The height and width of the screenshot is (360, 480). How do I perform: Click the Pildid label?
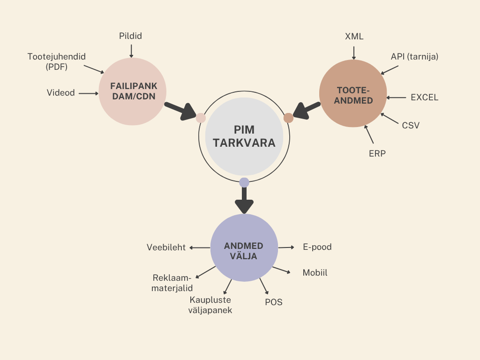(131, 36)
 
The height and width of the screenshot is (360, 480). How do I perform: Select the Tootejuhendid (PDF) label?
(57, 61)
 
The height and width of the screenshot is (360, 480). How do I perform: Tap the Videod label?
(60, 93)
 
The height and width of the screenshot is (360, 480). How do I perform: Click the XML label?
(354, 37)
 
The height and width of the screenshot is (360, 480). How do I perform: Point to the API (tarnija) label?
(414, 57)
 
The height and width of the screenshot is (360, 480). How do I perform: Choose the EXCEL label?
(424, 97)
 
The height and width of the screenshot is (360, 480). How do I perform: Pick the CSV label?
(411, 125)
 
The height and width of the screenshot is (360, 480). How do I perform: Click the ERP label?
(377, 153)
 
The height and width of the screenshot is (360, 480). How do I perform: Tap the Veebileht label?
(166, 247)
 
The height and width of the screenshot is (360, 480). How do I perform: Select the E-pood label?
(317, 247)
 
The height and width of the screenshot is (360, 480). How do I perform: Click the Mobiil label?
(315, 272)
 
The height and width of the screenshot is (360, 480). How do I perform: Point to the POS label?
(274, 302)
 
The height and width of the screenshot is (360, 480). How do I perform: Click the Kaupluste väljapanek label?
(211, 305)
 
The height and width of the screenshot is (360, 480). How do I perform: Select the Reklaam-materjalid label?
(172, 283)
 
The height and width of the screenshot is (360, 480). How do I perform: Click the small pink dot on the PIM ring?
(201, 118)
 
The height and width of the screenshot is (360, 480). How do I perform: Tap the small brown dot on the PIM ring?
(288, 118)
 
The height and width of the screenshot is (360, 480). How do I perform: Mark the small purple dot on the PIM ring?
(244, 182)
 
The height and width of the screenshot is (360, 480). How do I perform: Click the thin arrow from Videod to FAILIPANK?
(89, 93)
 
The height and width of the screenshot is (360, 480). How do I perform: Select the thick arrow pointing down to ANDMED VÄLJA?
(244, 201)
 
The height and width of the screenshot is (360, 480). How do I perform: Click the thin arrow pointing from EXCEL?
(397, 97)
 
